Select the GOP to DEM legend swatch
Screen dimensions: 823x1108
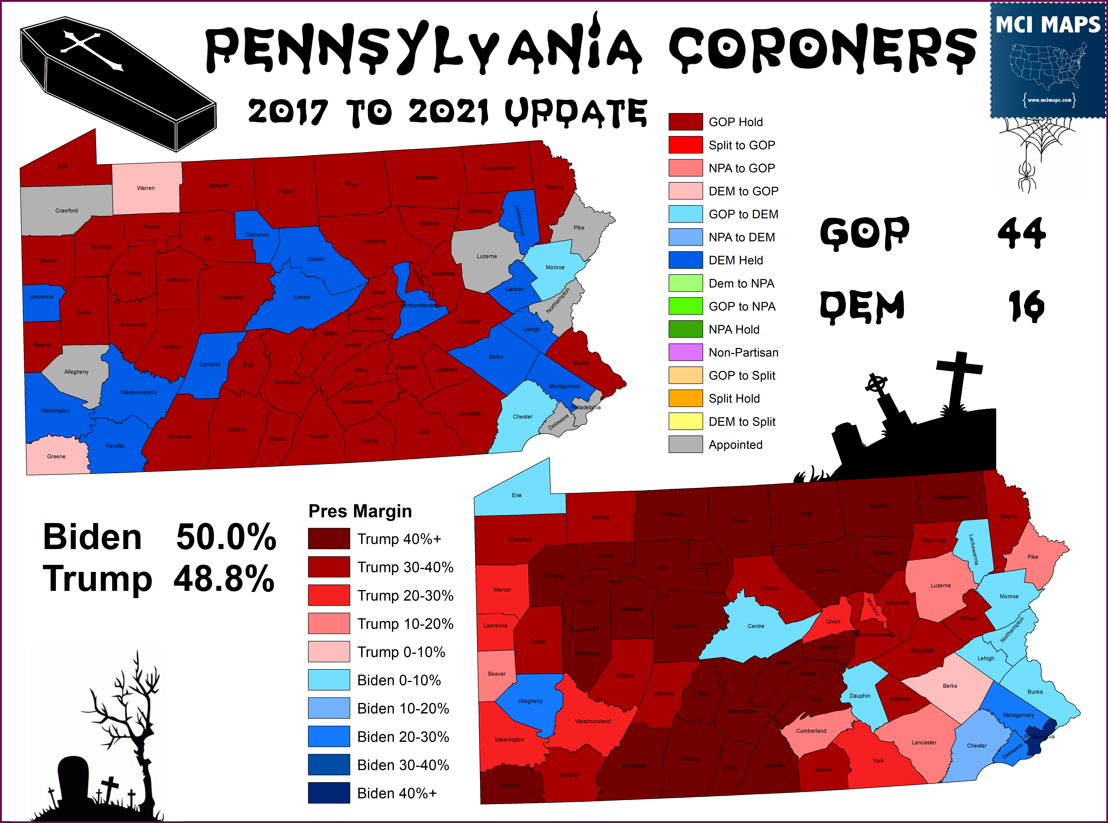click(x=685, y=214)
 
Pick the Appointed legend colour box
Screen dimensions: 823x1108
click(x=685, y=444)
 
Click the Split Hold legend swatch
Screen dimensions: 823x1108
click(x=685, y=399)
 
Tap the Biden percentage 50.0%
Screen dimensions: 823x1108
click(x=226, y=537)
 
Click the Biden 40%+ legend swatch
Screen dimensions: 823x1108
click(x=329, y=793)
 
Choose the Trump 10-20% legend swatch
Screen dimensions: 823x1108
click(x=329, y=624)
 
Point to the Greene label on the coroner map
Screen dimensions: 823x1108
click(x=56, y=456)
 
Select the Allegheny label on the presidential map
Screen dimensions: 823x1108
click(x=530, y=701)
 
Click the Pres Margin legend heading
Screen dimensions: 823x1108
click(x=360, y=511)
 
